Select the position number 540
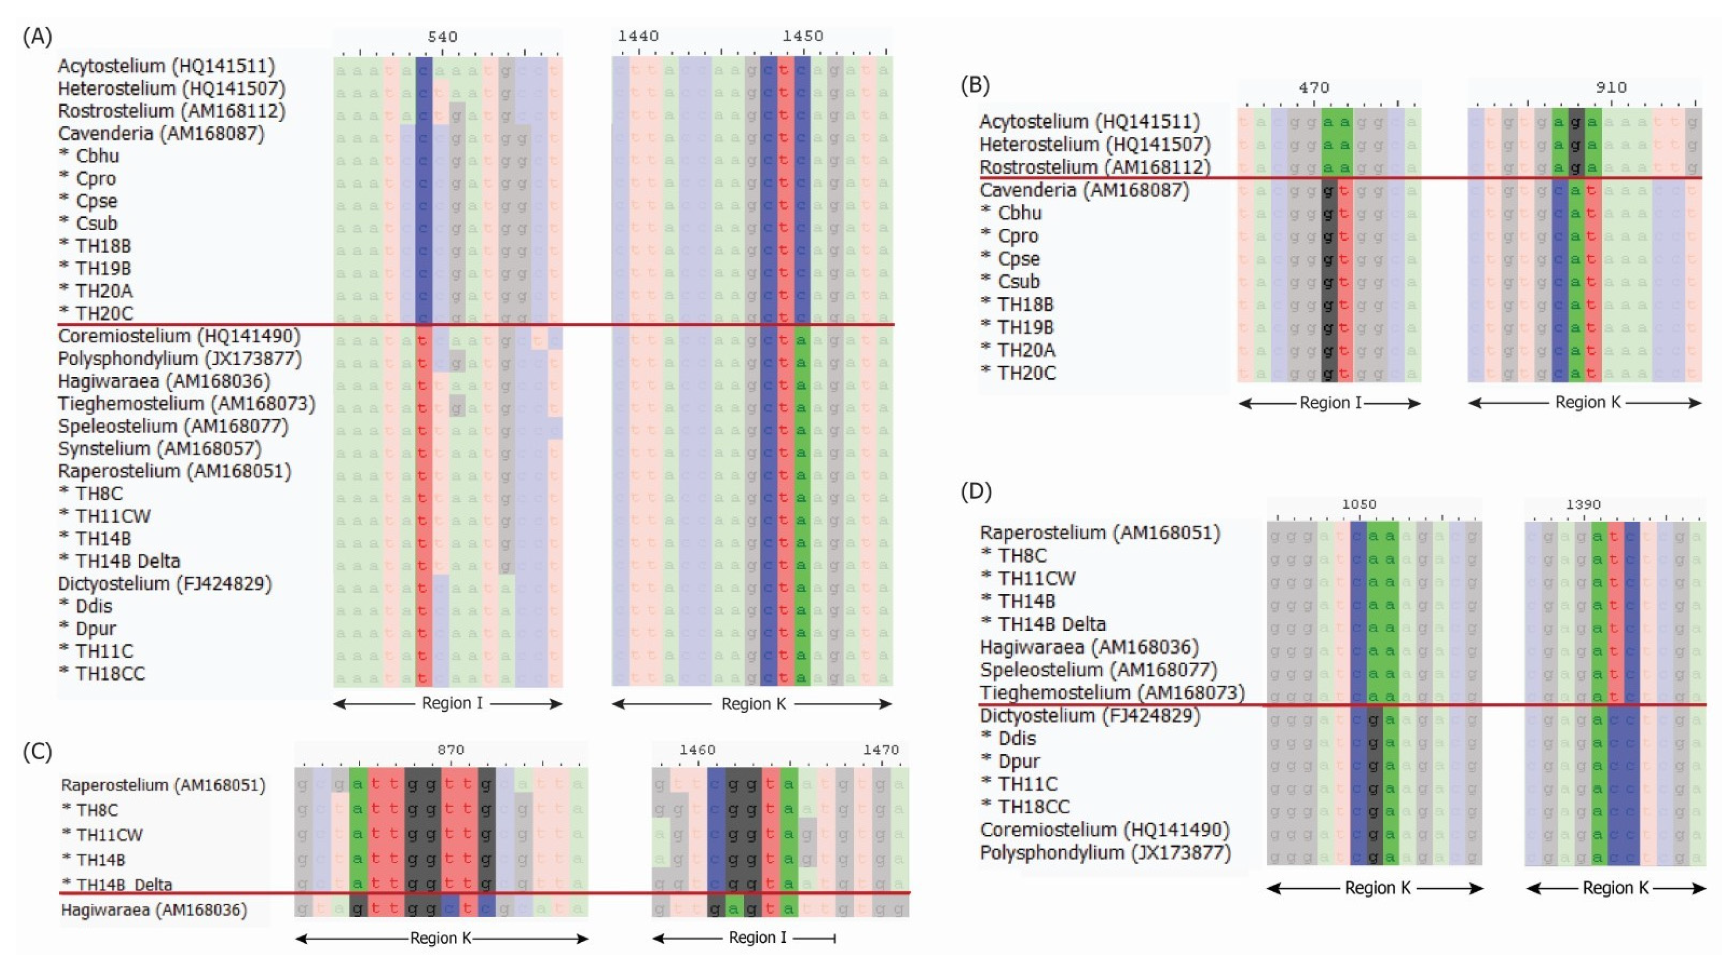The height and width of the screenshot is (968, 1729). (442, 36)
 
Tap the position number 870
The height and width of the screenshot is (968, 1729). (450, 750)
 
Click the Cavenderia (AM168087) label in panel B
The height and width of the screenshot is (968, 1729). (1084, 191)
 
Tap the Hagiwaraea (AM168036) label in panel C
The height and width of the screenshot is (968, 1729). (154, 910)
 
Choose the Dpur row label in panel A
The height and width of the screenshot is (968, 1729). (96, 628)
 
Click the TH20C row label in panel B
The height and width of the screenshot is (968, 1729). (1026, 373)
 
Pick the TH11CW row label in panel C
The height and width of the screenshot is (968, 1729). (110, 835)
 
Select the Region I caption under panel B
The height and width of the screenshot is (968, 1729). (1330, 403)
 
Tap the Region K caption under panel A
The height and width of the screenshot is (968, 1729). (753, 704)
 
